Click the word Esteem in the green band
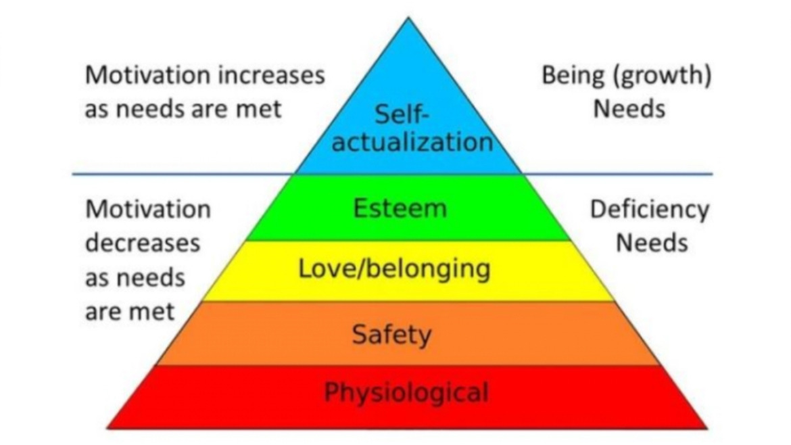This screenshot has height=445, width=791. [x=400, y=208]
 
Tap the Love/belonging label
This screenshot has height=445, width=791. [x=394, y=270]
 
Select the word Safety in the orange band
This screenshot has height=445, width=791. [x=391, y=334]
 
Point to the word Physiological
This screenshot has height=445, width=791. [x=406, y=392]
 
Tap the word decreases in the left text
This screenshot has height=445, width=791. [x=142, y=243]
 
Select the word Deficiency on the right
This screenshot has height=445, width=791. [x=650, y=210]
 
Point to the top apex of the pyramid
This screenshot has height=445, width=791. [x=408, y=18]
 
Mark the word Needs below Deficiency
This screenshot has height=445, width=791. [x=651, y=243]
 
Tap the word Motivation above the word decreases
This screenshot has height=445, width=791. [x=148, y=210]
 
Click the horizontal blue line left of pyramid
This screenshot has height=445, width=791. [x=183, y=174]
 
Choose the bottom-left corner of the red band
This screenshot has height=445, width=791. [x=108, y=427]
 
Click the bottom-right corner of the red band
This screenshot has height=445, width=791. [x=707, y=427]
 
